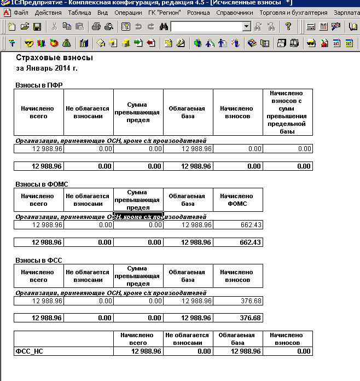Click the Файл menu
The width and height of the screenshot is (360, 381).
tap(22, 12)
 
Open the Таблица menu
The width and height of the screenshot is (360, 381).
tap(80, 12)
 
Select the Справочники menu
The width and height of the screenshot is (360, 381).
tap(234, 12)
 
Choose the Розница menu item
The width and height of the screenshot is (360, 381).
tap(198, 12)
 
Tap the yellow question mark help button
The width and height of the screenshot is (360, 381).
tap(288, 26)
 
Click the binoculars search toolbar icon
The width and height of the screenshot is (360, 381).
tap(163, 26)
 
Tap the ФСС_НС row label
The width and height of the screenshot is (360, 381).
tap(30, 351)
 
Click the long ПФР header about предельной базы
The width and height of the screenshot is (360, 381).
tap(287, 112)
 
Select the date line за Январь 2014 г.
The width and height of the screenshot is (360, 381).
tap(47, 69)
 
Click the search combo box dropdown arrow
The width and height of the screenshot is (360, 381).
tap(246, 26)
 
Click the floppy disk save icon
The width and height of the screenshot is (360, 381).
tap(37, 26)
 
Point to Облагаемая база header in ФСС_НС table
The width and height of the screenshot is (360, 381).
tap(238, 339)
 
